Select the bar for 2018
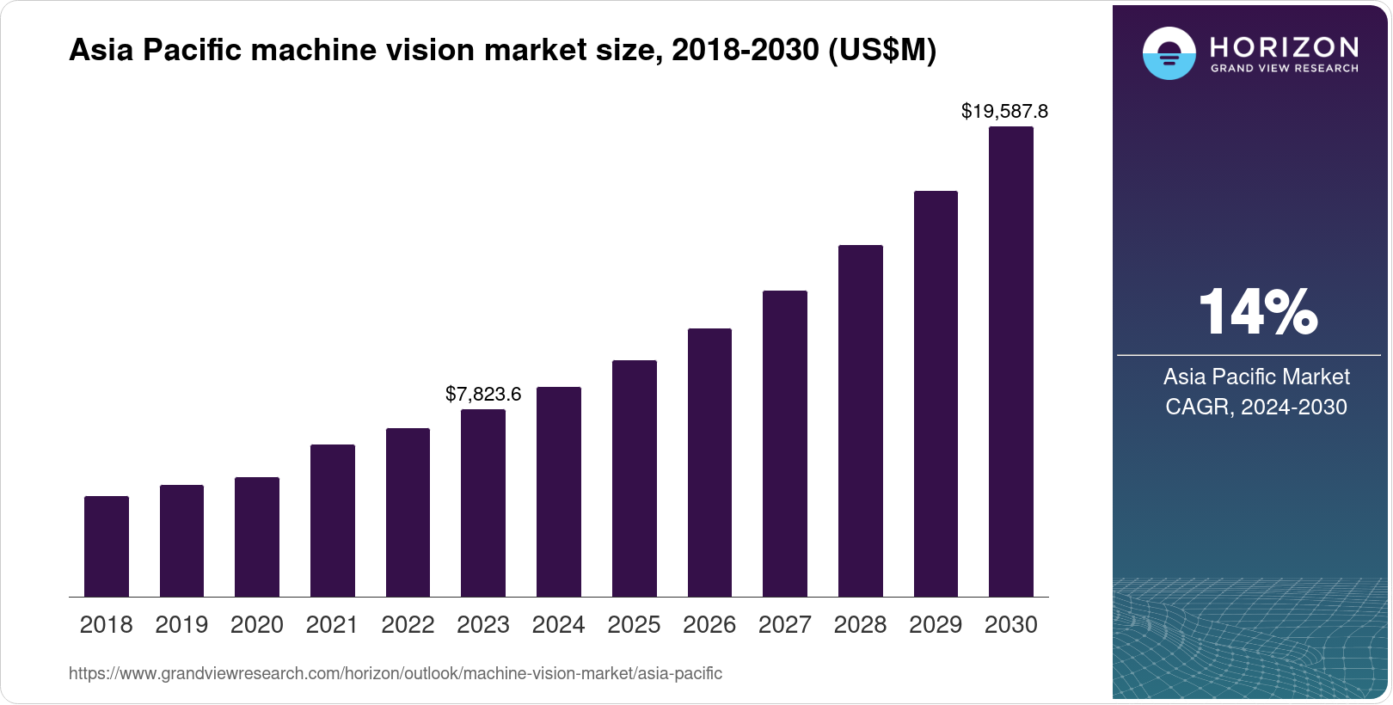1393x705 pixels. [x=107, y=547]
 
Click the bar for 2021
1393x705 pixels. [x=333, y=521]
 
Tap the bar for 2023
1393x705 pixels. [x=483, y=503]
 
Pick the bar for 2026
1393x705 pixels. [x=709, y=463]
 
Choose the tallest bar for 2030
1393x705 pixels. [x=1011, y=362]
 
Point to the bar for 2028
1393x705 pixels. [x=861, y=421]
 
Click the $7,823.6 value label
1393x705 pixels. [x=483, y=395]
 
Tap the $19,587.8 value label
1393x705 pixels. [x=1004, y=112]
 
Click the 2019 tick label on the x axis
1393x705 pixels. [x=181, y=625]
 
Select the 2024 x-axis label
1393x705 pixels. [x=558, y=625]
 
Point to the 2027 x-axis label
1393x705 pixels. [x=785, y=625]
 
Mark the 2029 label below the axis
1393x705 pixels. [x=936, y=625]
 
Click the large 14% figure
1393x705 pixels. [x=1257, y=313]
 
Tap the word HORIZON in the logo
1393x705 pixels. [x=1285, y=47]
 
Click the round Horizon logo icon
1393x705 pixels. [x=1169, y=53]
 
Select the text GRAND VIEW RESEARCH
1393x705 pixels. [x=1285, y=69]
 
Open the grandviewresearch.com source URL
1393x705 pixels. [x=396, y=674]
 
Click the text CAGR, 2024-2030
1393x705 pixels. [x=1256, y=407]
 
